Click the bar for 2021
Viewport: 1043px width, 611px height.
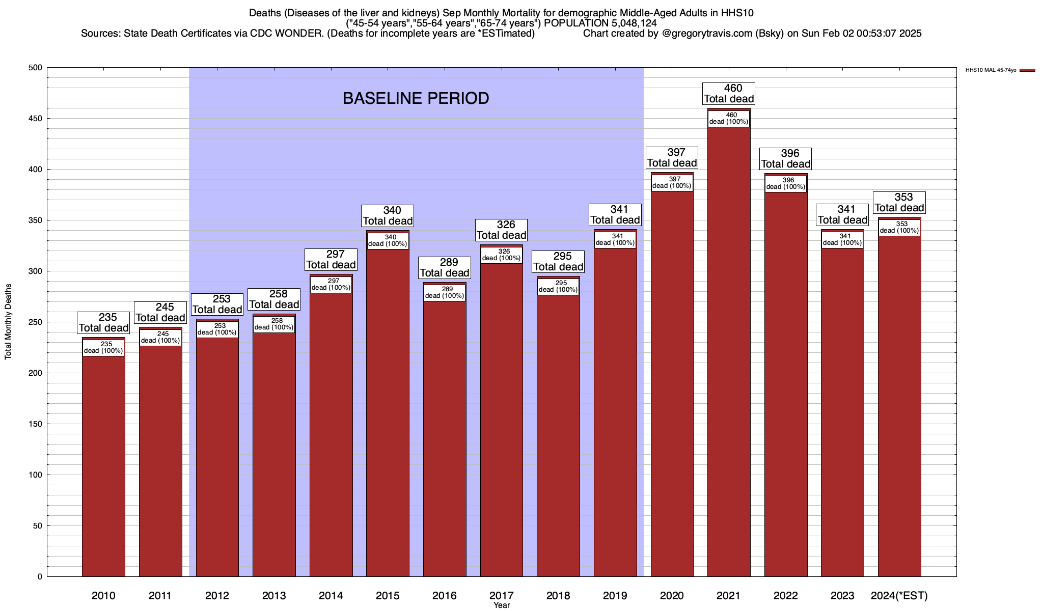(729, 356)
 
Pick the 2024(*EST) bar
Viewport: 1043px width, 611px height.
(899, 407)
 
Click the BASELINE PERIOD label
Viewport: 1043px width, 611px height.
(416, 98)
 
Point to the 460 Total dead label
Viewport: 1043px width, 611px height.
(729, 94)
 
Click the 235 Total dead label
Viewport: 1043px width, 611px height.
(103, 323)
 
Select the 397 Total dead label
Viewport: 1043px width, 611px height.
(672, 158)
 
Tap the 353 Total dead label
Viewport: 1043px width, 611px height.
(899, 203)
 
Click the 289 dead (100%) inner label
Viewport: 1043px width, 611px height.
(445, 293)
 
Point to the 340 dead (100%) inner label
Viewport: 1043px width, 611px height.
(388, 240)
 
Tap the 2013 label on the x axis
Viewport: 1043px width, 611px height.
(274, 596)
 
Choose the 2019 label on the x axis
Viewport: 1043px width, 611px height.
(615, 596)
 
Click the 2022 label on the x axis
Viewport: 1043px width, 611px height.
(786, 596)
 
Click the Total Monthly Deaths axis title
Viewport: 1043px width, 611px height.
(8, 322)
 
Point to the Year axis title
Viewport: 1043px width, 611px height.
(502, 605)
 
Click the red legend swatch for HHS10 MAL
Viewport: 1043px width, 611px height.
(1028, 70)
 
